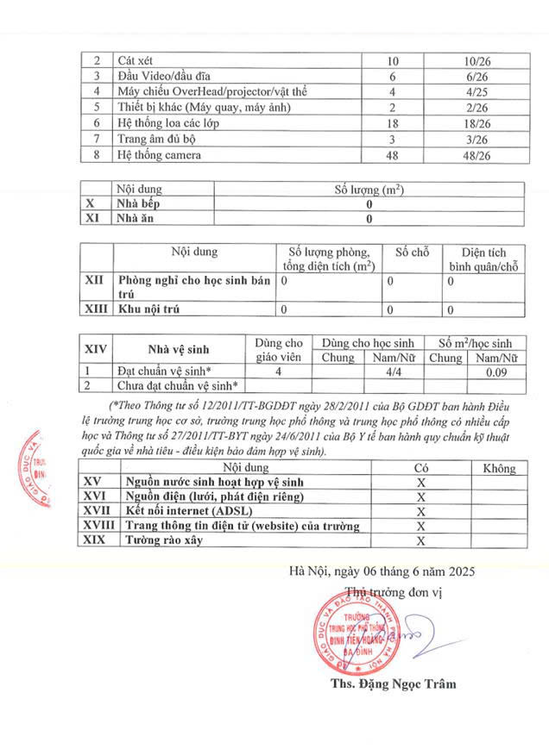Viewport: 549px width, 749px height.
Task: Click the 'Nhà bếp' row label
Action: (x=138, y=204)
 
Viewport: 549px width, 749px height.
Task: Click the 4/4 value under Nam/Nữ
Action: (x=396, y=371)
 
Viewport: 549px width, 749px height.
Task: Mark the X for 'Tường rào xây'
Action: (x=422, y=540)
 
